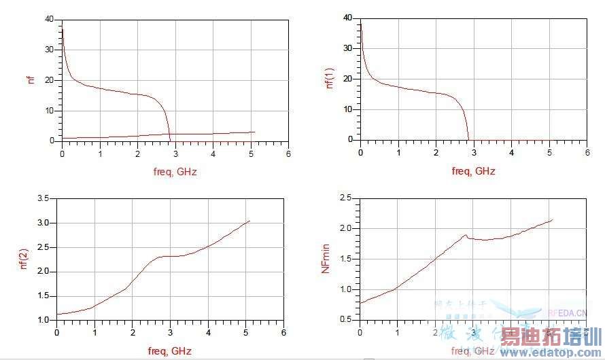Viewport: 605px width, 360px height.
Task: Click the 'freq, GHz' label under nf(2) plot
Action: tap(170, 351)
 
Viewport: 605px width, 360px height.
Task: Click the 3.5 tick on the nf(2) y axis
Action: tap(43, 198)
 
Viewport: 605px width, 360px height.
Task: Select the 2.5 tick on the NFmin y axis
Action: tap(345, 198)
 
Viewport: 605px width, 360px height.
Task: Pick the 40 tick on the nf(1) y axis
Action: tap(347, 17)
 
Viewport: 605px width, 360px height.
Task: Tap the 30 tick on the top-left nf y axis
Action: tap(48, 50)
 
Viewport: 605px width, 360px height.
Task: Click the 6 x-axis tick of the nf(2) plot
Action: tap(283, 332)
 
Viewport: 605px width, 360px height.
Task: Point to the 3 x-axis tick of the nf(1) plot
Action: tap(474, 152)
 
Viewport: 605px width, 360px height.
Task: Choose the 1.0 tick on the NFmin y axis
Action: tap(345, 289)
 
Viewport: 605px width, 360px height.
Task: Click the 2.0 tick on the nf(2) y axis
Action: tap(43, 272)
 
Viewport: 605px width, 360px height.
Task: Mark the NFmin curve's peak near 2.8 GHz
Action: tap(466, 235)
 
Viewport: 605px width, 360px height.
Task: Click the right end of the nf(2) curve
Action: tap(249, 221)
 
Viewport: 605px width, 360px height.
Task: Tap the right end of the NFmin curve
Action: tap(553, 219)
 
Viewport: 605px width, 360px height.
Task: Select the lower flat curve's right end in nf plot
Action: tap(254, 132)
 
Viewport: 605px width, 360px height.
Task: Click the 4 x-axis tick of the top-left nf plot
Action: tap(213, 154)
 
